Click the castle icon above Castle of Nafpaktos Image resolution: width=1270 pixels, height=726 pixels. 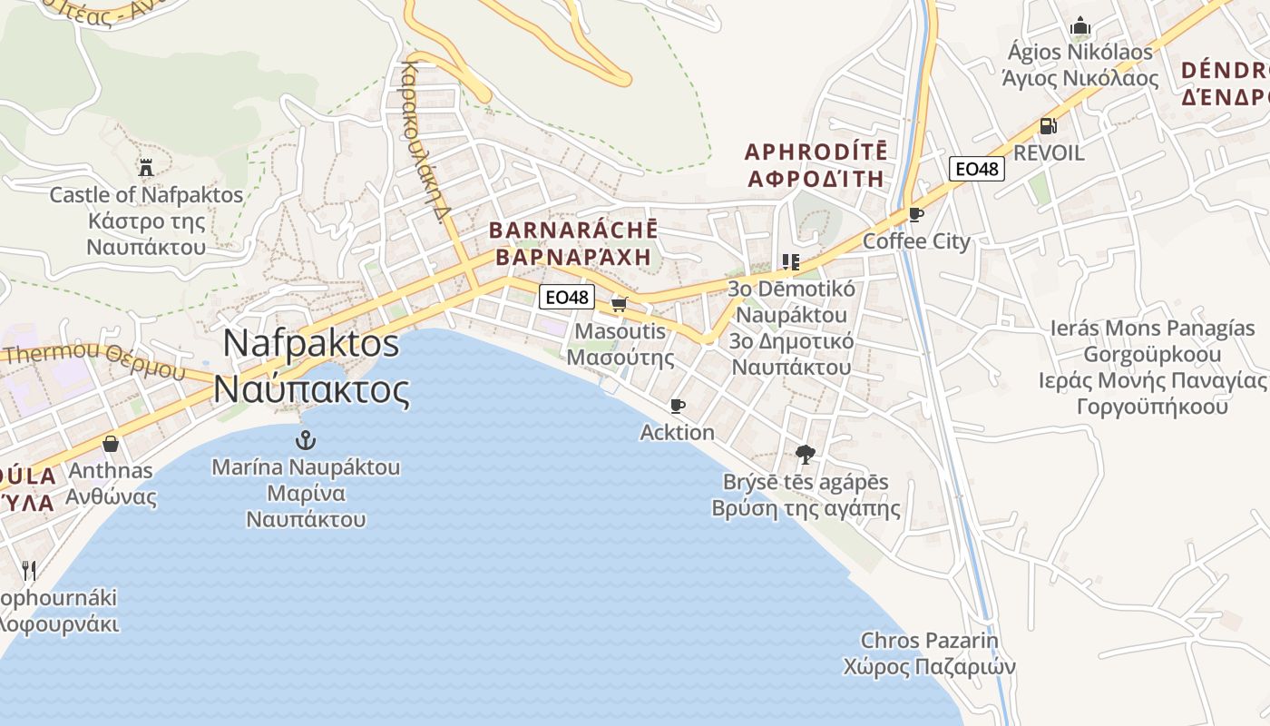(x=145, y=167)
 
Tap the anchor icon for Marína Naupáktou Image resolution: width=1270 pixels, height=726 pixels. (x=306, y=441)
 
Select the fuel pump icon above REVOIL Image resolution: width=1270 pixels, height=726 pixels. (x=1048, y=126)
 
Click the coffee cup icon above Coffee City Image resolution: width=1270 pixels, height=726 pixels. (x=915, y=215)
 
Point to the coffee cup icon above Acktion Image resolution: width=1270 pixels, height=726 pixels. (x=677, y=406)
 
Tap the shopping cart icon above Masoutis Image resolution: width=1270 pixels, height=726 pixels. (x=619, y=304)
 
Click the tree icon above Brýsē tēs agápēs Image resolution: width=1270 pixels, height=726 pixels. (x=805, y=455)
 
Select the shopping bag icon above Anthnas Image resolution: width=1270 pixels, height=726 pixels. (x=111, y=444)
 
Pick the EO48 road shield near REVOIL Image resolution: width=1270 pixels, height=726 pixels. (x=977, y=168)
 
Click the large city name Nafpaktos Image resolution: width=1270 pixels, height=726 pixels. (x=311, y=343)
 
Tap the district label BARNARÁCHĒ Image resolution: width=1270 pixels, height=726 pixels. (x=573, y=230)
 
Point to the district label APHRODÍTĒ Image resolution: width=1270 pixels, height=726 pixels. (x=816, y=151)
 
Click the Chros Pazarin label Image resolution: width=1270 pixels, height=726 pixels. (x=929, y=641)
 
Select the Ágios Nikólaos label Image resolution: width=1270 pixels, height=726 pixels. (x=1078, y=52)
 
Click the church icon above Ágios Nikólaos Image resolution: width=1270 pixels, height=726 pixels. (x=1079, y=25)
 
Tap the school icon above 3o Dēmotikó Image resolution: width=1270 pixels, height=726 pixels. (x=790, y=262)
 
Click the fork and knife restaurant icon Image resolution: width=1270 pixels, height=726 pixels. (x=29, y=570)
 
